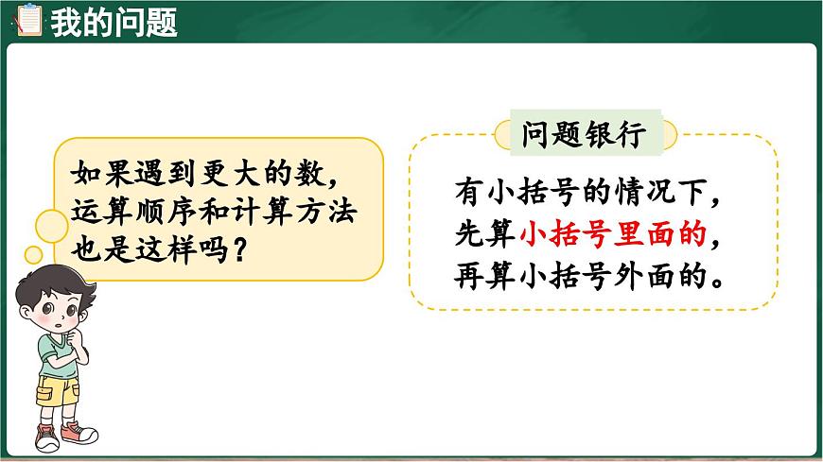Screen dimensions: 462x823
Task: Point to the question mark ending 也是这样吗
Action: [x=244, y=251]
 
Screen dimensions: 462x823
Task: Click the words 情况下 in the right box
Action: [x=674, y=192]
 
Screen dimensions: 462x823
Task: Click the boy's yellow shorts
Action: [x=57, y=388]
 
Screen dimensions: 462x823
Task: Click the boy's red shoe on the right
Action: [x=79, y=434]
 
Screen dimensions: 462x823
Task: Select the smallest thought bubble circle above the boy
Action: [x=33, y=253]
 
